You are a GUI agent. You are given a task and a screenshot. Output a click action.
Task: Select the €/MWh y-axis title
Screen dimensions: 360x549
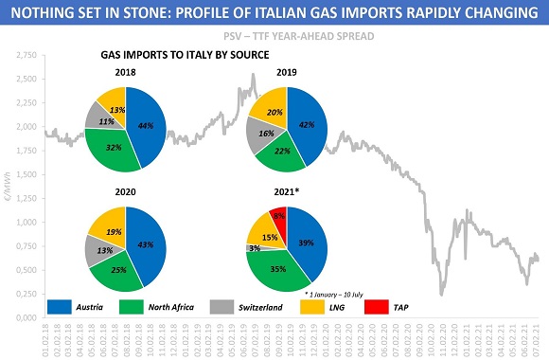[x=8, y=189]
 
